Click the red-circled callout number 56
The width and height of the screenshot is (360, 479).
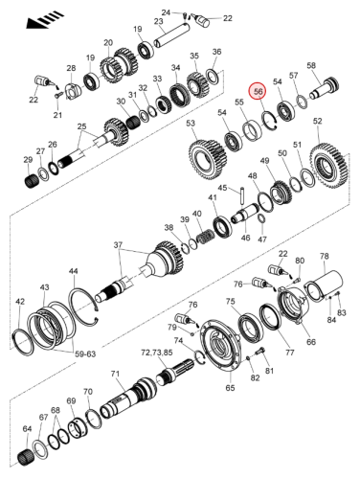[x=258, y=92]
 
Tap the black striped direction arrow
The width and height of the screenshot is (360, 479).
[x=45, y=21]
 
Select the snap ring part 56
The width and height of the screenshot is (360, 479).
[x=269, y=121]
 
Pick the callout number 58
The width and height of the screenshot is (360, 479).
[x=311, y=65]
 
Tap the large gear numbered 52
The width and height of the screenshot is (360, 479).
[x=328, y=165]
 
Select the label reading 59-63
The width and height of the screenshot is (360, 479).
[x=85, y=354]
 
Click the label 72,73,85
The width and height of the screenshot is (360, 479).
[x=157, y=353]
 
